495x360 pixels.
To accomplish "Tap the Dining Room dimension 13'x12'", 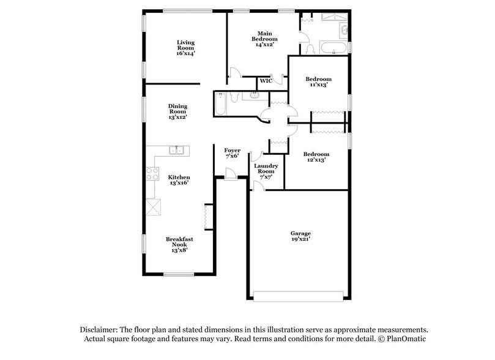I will tap(177, 116).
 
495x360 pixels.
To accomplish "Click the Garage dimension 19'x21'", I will tap(300, 239).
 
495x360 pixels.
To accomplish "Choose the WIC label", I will tap(266, 81).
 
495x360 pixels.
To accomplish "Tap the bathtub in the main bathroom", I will tap(334, 48).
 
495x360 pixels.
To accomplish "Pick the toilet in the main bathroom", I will tap(310, 49).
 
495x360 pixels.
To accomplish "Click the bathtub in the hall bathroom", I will tap(221, 103).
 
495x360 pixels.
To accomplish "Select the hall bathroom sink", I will tap(252, 95).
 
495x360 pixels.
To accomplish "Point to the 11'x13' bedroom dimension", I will tap(319, 85).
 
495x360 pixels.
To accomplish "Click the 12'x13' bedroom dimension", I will tap(317, 160).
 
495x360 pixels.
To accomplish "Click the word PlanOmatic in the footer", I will tap(404, 339).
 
